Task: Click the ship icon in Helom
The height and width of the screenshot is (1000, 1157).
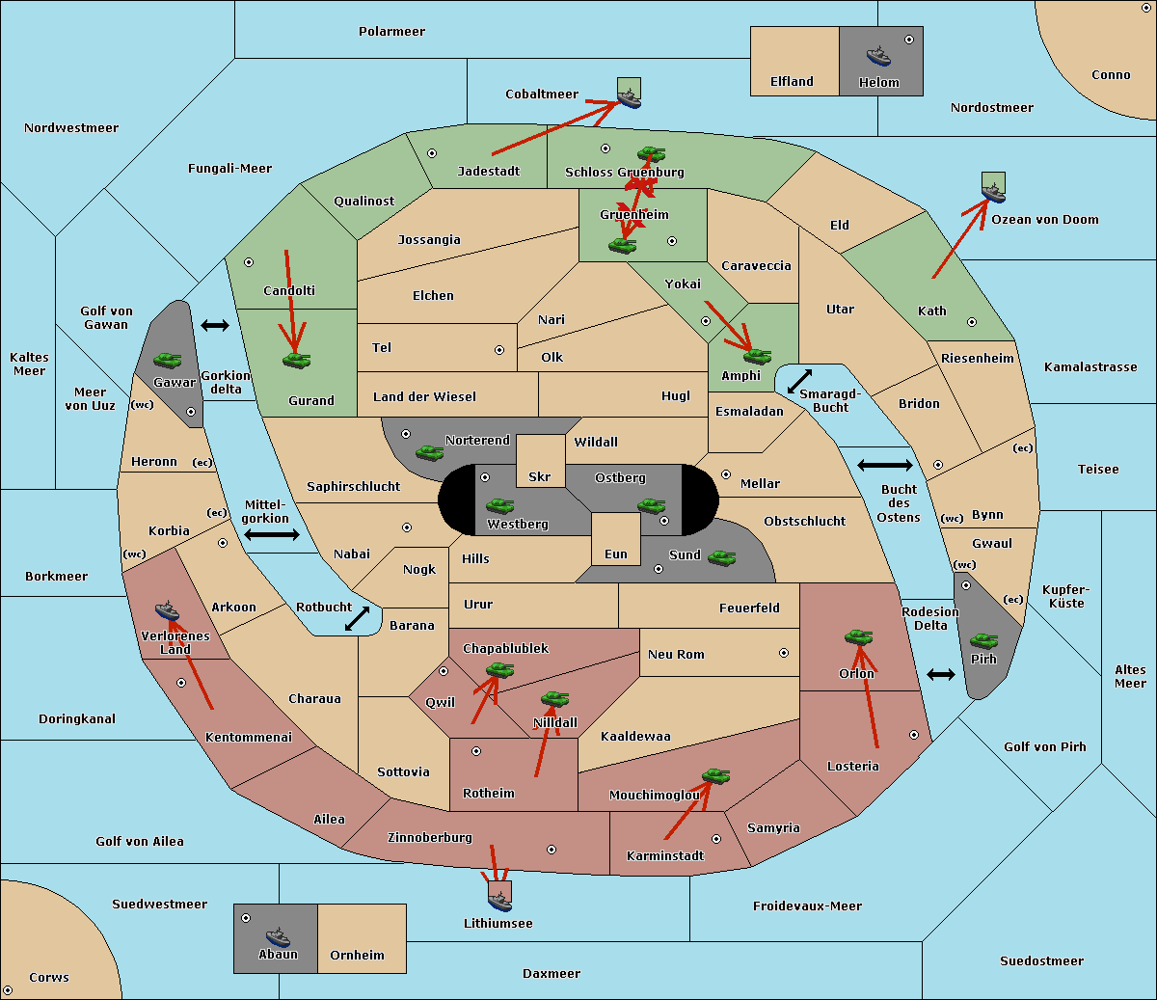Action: [x=877, y=55]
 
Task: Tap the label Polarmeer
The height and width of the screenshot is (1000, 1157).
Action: [x=391, y=32]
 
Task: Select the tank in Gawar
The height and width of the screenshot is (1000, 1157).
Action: [x=168, y=361]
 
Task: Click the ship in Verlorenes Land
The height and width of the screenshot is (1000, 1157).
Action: [x=168, y=610]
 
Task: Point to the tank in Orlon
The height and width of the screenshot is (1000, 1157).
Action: [x=858, y=637]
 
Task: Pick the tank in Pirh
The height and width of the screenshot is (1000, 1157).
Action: [x=983, y=641]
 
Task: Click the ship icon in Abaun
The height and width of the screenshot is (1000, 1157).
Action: [x=278, y=936]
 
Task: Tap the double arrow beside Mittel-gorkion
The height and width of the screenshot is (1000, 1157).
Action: [x=272, y=535]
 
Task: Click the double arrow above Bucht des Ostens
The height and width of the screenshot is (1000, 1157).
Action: [x=884, y=466]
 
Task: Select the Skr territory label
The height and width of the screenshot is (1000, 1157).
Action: [x=540, y=476]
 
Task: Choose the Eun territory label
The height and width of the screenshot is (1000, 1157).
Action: [x=616, y=554]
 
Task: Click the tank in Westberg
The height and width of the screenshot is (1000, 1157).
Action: [x=499, y=505]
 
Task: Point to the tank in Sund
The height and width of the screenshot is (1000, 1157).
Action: [x=721, y=557]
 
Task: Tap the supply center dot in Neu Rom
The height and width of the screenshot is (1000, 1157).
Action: [x=784, y=653]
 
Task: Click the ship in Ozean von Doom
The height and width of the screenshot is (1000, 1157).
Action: [x=993, y=191]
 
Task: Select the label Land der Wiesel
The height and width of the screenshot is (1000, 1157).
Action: [x=424, y=396]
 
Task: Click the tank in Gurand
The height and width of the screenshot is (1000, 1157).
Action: [x=296, y=361]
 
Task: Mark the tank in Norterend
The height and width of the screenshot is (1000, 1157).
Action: [x=429, y=452]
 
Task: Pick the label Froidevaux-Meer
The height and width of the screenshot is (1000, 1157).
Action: [x=807, y=906]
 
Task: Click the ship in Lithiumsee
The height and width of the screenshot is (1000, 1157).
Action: [x=499, y=901]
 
